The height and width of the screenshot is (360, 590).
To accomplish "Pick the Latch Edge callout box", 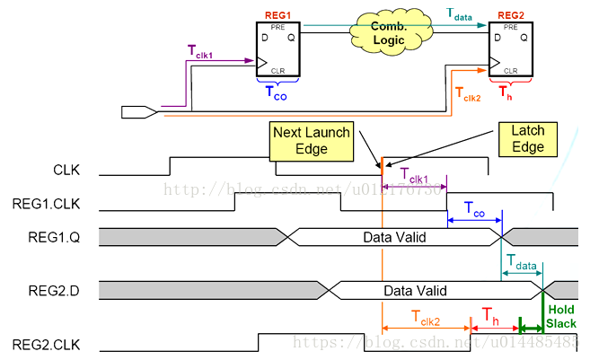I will pyautogui.click(x=526, y=139).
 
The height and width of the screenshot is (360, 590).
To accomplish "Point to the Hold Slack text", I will pyautogui.click(x=560, y=315).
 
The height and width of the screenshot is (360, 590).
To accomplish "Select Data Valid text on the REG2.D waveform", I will pyautogui.click(x=416, y=291).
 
